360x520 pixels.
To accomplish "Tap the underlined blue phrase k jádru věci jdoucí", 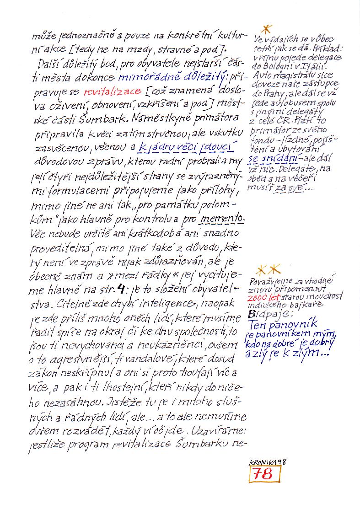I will coord(198,147).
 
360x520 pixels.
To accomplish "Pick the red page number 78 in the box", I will coord(266,474).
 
